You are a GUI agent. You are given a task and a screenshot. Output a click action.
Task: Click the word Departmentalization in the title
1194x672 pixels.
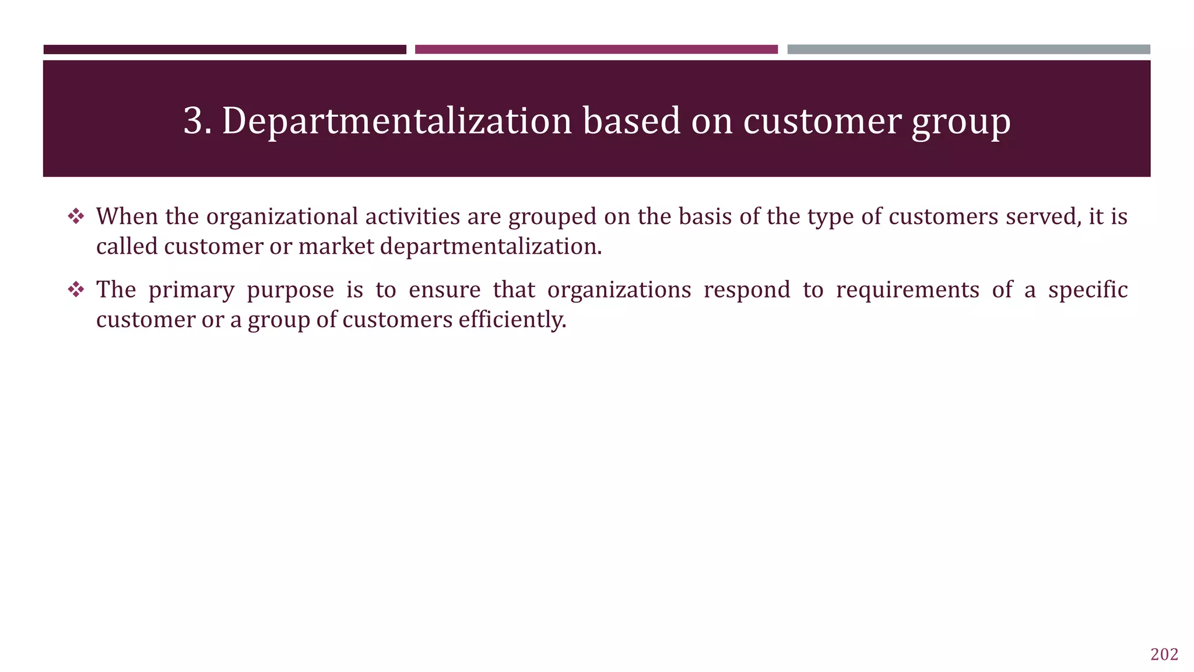click(396, 121)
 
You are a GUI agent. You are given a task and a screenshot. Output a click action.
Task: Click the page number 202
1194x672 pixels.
click(1164, 654)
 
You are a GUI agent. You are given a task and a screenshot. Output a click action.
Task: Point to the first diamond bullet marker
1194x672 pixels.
click(76, 217)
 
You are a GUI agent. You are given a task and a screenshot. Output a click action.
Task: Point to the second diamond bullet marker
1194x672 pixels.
click(76, 290)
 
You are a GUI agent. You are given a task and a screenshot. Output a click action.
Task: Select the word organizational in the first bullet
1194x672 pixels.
click(282, 217)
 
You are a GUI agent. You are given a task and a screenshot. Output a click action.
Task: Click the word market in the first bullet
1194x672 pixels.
click(336, 246)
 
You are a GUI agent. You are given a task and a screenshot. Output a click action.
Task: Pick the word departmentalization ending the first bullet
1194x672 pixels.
click(491, 247)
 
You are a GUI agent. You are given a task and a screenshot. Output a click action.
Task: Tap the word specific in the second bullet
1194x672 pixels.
click(1087, 290)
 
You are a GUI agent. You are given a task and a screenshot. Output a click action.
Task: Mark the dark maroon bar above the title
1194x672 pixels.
click(224, 50)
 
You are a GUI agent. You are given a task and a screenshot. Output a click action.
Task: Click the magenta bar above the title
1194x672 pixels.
click(596, 50)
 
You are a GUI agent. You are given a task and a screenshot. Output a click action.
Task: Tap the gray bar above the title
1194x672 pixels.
click(968, 50)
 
